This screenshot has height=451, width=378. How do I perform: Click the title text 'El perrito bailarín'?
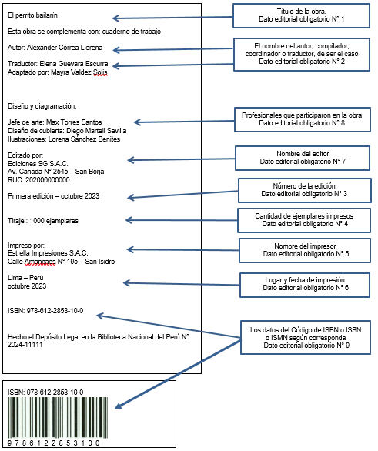pos(32,15)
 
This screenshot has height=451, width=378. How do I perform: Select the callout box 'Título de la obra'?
pos(301,16)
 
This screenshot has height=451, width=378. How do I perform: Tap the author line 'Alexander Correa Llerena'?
pos(65,48)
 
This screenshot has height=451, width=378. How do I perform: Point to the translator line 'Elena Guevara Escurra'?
pos(74,64)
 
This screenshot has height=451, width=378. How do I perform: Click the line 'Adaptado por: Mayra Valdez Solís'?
pos(58,72)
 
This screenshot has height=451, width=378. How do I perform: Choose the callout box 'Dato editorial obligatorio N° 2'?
pos(302,55)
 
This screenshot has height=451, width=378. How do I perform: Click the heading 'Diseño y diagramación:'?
pos(42,106)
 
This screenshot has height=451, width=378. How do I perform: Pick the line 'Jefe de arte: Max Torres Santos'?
pos(55,122)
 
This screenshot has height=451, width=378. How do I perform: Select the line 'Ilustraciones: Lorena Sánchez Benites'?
pos(64,139)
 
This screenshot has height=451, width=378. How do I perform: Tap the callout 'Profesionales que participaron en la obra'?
pos(303,119)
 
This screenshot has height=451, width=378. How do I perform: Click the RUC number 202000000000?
pos(48,180)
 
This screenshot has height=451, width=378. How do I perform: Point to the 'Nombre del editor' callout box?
pos(303,158)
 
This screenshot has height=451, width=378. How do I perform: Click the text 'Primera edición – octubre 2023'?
pos(54,196)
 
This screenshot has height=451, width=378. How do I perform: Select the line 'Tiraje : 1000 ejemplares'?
pos(43,221)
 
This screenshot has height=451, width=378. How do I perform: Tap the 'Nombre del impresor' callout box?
pos(305,250)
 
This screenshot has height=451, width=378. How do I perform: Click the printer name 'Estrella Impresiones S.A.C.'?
pos(48,253)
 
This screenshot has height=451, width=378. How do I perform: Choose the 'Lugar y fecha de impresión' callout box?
pos(305,285)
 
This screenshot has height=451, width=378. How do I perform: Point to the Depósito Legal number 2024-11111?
pos(25,345)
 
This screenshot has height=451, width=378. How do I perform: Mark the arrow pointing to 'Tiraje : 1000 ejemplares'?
pos(182,221)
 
